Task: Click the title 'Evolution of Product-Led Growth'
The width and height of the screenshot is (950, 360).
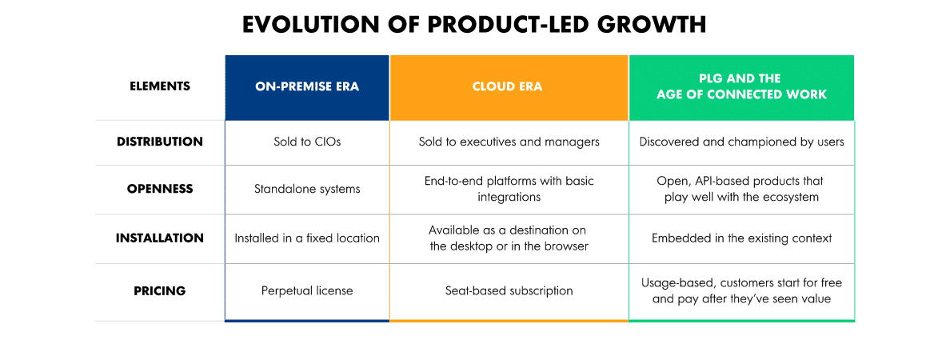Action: [x=474, y=25]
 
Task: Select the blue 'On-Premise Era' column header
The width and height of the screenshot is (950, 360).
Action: [x=307, y=86]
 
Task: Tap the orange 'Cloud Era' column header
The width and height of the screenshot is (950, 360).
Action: [x=508, y=86]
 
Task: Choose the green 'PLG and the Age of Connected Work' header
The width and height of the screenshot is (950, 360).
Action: [x=741, y=86]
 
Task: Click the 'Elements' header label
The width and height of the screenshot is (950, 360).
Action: [x=160, y=86]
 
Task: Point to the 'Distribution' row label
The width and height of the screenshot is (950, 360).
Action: [x=160, y=142]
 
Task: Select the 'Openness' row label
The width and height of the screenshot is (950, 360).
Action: [x=160, y=190]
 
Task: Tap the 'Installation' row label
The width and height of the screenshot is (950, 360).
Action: [x=160, y=238]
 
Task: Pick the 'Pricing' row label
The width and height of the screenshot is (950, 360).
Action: [x=160, y=290]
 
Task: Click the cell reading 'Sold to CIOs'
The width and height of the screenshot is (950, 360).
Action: [x=307, y=142]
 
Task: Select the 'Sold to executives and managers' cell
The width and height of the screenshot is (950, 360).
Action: [x=509, y=142]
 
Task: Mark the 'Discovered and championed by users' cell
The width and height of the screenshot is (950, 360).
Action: [x=741, y=142]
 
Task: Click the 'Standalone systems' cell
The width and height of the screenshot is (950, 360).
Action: [x=307, y=190]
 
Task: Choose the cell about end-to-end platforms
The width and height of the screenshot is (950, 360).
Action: [x=509, y=189]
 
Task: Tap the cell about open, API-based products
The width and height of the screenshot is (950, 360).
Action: [x=741, y=189]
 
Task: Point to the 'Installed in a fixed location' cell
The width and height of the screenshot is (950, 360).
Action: [x=307, y=238]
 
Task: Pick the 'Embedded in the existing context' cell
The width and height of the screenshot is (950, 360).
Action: [x=741, y=238]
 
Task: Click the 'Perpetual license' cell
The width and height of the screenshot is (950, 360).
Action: [x=307, y=290]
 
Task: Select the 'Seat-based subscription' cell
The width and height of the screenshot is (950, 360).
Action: [x=509, y=290]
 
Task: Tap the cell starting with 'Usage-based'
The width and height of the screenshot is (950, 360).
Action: [x=741, y=290]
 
